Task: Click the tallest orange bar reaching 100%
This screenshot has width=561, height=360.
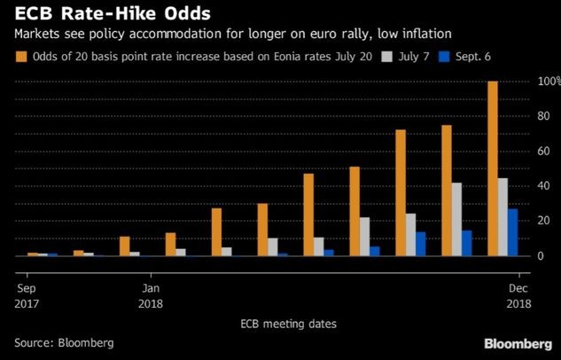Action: [493, 168]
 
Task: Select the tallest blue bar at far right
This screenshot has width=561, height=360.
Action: [512, 232]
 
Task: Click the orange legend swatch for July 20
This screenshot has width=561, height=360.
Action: [20, 59]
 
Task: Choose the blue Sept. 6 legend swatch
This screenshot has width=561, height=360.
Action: [448, 59]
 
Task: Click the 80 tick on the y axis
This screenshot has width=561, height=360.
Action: [543, 116]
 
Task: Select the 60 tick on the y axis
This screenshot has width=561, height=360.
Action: [543, 151]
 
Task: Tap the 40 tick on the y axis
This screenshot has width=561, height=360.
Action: [543, 186]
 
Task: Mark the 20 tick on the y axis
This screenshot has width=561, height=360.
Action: [543, 221]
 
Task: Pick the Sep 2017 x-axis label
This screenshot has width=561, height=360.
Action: [27, 295]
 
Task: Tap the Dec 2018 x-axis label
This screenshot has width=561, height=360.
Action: [519, 295]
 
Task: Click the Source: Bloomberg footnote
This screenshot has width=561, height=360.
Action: [64, 341]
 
